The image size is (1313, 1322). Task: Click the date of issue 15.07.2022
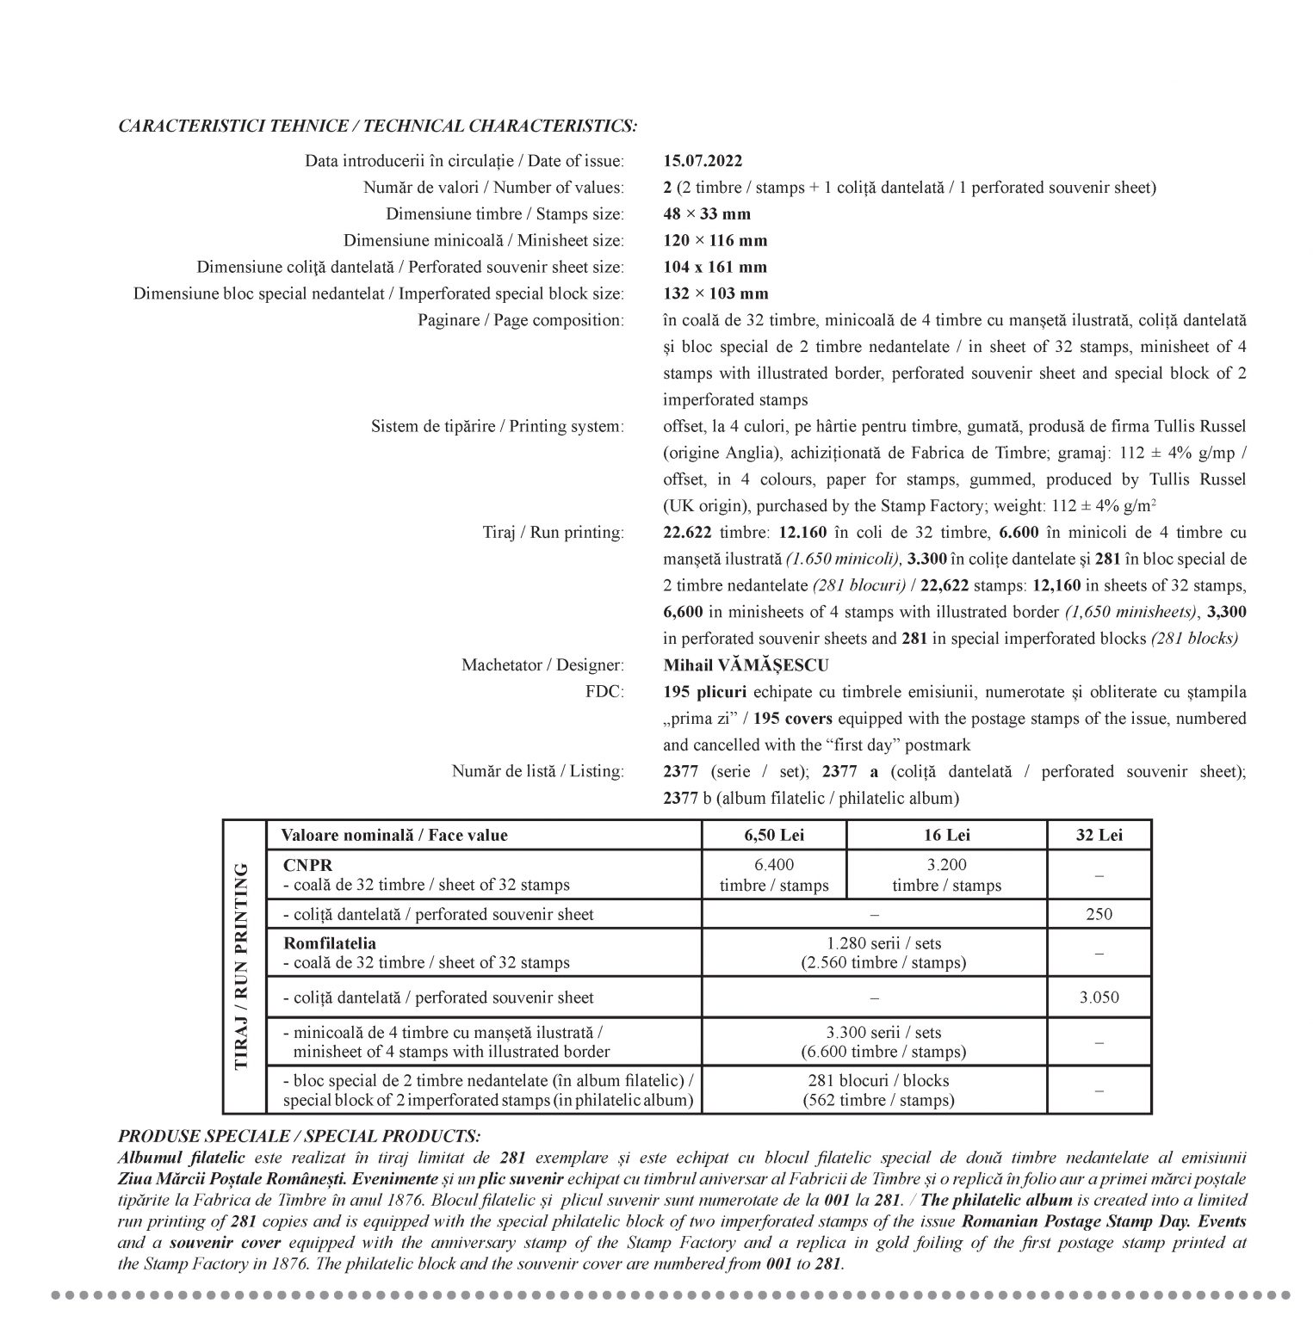click(703, 161)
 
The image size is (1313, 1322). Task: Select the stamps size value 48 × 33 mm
click(706, 214)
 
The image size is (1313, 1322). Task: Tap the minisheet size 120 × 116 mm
click(715, 240)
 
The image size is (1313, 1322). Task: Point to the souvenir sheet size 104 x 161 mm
click(715, 267)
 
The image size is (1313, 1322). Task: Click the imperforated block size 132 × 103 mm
click(715, 293)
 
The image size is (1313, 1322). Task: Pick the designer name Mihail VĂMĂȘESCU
click(746, 665)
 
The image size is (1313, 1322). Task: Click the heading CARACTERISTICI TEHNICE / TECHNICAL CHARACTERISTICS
click(378, 127)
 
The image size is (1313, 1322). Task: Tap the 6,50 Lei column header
click(774, 835)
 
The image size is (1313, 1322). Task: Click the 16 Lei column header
click(946, 835)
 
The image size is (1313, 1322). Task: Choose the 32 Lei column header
click(1099, 835)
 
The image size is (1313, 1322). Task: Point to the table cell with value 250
click(1099, 914)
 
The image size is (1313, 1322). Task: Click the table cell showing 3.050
click(1099, 998)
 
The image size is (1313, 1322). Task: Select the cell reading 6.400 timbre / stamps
click(774, 875)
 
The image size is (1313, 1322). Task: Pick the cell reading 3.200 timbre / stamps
click(946, 875)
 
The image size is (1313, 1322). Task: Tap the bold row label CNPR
click(307, 865)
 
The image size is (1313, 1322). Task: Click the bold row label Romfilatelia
click(330, 943)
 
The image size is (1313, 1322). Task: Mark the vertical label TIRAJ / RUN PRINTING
click(242, 966)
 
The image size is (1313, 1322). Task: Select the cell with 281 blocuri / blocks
click(878, 1090)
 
